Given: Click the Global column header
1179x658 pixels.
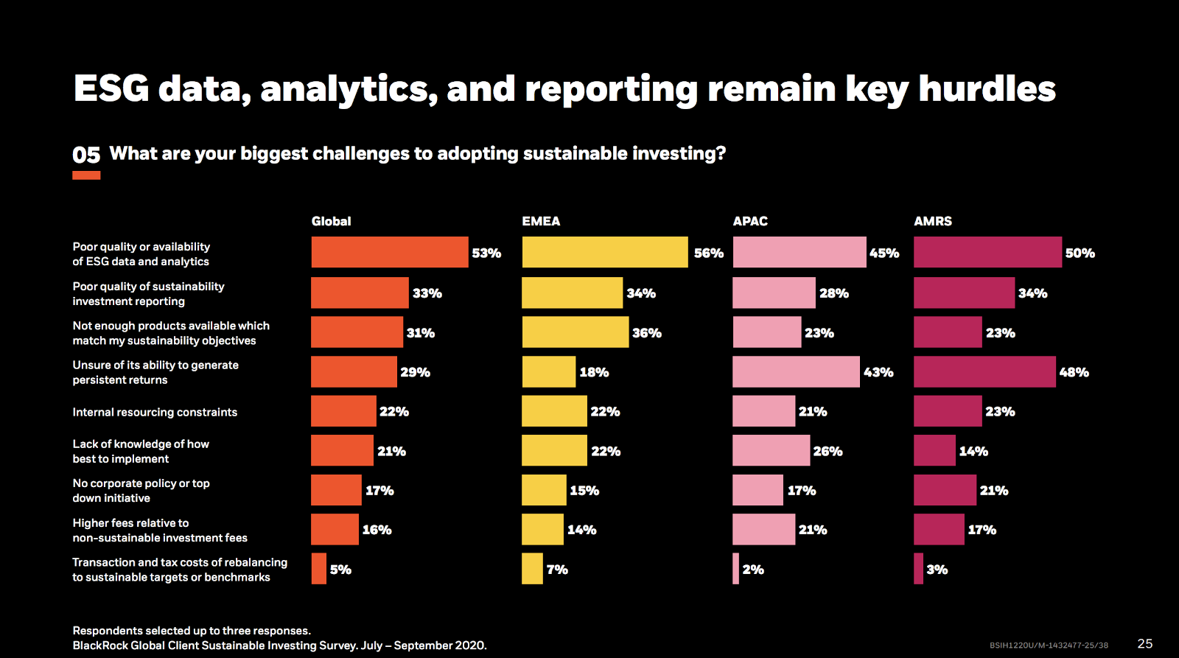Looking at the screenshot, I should click(331, 221).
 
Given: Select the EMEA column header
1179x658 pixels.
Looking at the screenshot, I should click(541, 221).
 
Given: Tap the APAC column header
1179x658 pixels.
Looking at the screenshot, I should click(750, 221).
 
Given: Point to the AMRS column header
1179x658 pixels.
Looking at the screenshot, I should click(933, 221).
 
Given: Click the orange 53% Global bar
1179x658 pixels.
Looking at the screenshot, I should click(389, 252).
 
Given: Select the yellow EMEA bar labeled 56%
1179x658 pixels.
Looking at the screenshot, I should click(604, 252).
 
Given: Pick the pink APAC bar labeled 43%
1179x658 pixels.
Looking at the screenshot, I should click(796, 372).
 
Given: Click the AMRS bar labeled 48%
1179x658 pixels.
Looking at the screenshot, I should click(984, 372).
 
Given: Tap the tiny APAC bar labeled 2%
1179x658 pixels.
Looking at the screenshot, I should click(735, 569).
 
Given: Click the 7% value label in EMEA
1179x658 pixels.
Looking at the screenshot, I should click(557, 570).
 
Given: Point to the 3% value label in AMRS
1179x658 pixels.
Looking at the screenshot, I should click(937, 570).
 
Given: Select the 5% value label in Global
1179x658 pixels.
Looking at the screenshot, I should click(340, 570).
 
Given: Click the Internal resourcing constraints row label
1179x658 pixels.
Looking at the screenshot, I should click(155, 412).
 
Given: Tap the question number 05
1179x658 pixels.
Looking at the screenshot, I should click(86, 155).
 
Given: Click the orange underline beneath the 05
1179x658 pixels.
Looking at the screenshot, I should click(86, 175).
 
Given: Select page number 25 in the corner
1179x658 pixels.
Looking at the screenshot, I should click(1145, 643).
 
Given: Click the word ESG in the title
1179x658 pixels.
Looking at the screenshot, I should click(111, 89).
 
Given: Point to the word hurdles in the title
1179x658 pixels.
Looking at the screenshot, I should click(987, 89).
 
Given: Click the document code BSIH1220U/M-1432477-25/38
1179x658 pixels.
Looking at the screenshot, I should click(1049, 645).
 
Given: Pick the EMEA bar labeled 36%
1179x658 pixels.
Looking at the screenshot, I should click(575, 332).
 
